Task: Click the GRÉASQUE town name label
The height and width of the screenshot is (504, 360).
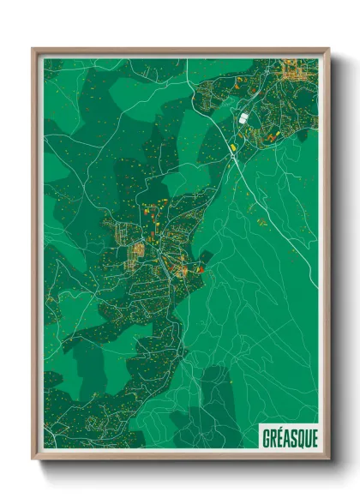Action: [x=288, y=435]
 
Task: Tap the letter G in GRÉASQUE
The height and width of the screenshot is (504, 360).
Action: [x=265, y=435]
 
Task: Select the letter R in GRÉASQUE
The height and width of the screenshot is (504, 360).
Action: [x=272, y=435]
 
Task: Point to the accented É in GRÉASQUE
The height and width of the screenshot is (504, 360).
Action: [x=279, y=435]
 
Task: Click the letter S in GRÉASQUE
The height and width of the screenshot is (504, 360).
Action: [x=291, y=435]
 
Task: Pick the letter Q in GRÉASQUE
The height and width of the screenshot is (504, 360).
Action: [x=298, y=435]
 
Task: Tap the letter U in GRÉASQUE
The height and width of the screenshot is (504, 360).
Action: [x=305, y=435]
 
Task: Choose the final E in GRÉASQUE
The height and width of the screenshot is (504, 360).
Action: [x=312, y=435]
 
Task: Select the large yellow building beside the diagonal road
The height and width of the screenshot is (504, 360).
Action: [x=232, y=147]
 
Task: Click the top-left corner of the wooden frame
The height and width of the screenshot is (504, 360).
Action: [x=33, y=49]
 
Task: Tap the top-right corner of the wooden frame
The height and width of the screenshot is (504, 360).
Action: [x=328, y=49]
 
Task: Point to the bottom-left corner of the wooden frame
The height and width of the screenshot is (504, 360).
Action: [x=33, y=458]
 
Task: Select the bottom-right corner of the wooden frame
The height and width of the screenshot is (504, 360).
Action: [x=328, y=458]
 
